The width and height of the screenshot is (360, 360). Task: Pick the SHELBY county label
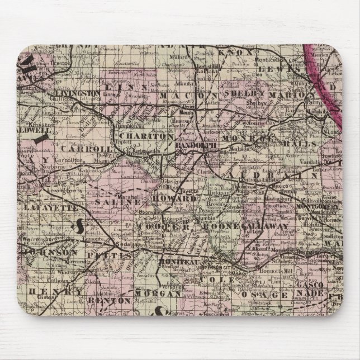pyautogui.click(x=246, y=94)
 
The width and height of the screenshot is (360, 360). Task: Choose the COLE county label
pyautogui.click(x=221, y=278)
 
